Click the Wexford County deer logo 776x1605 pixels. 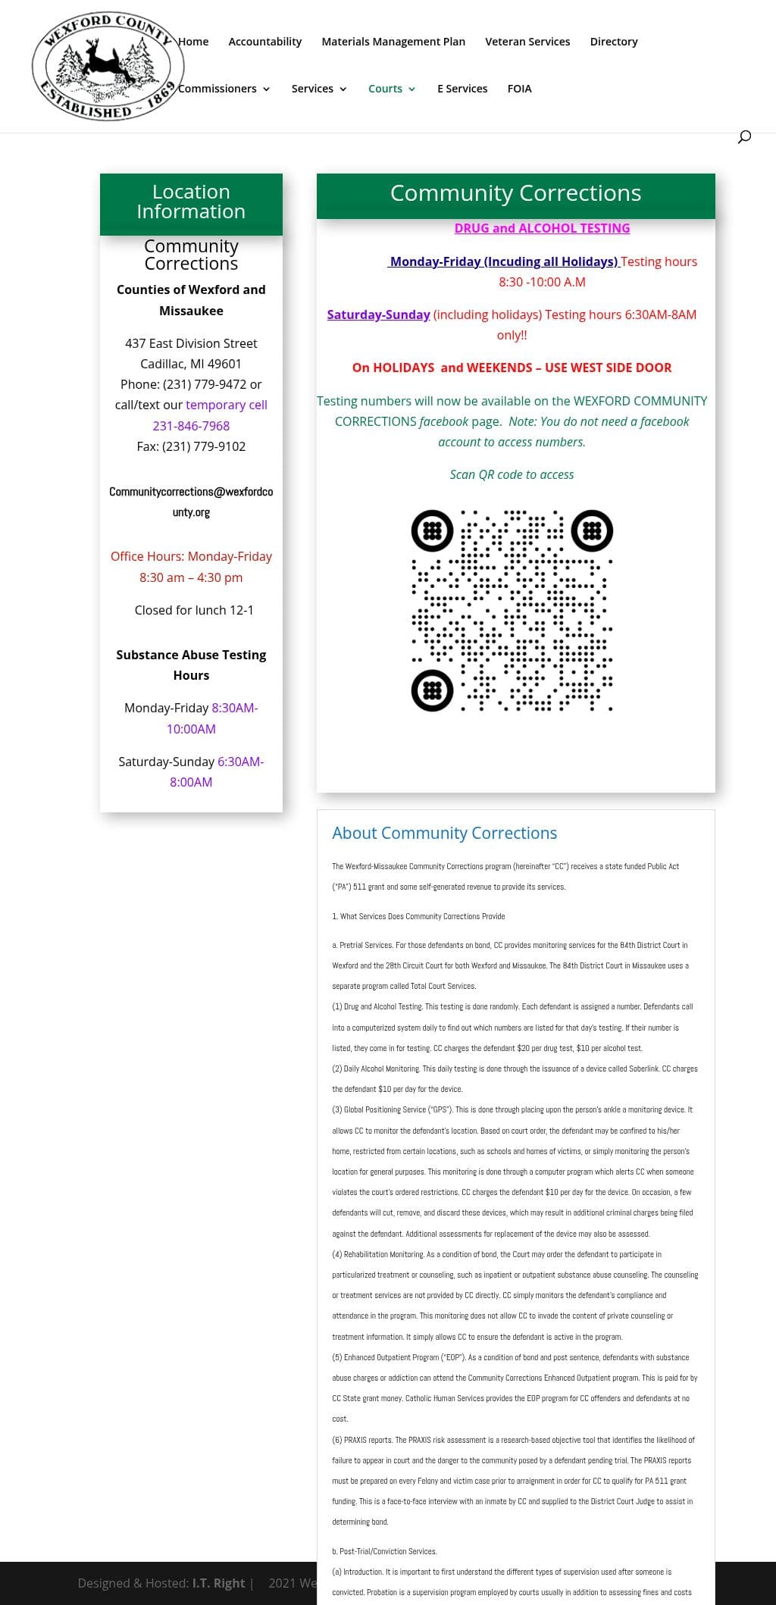point(106,67)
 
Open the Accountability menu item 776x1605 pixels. point(264,42)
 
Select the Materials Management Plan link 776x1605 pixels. point(393,42)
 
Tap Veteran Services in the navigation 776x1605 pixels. point(527,42)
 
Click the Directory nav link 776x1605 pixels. point(614,42)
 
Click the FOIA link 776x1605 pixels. point(519,89)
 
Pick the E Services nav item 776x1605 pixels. point(462,89)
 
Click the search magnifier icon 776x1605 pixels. point(744,136)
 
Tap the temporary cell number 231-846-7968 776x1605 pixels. point(191,426)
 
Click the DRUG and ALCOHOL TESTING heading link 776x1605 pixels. point(542,228)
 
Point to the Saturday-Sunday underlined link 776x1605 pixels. point(378,314)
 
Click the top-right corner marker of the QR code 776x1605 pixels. point(592,530)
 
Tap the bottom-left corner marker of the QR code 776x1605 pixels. point(432,690)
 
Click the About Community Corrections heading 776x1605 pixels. point(444,833)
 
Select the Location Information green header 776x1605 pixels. point(191,202)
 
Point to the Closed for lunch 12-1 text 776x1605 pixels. point(194,610)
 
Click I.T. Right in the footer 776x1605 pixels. point(218,1583)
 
